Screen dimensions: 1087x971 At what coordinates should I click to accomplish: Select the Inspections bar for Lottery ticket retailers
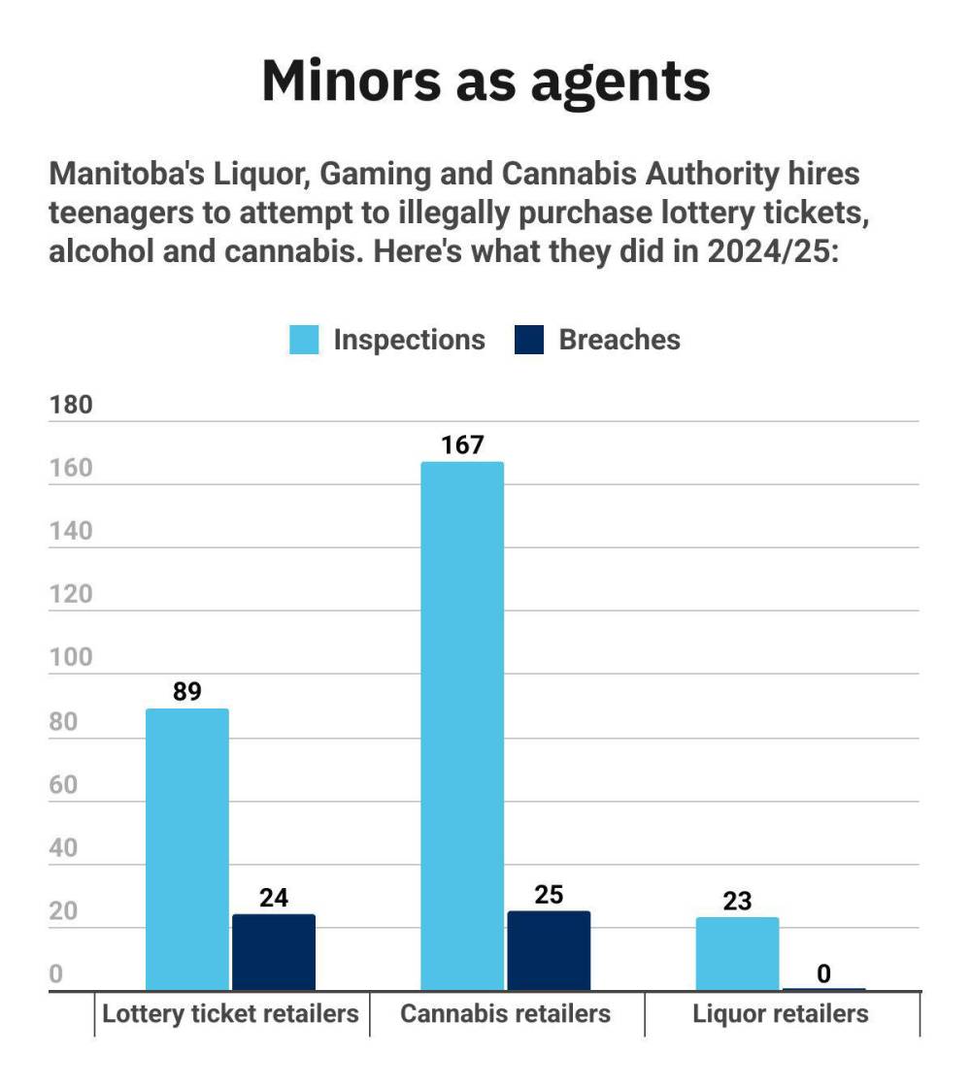(187, 849)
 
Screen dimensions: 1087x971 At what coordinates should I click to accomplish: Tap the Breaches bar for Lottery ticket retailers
(274, 952)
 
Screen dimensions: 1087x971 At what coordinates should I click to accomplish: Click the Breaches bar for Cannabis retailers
(549, 951)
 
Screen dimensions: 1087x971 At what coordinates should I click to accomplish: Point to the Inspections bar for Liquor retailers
(737, 954)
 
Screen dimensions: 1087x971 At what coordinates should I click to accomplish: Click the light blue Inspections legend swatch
(305, 340)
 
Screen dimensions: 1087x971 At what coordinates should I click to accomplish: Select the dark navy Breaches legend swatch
(530, 340)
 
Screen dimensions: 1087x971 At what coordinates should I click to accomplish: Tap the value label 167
(462, 445)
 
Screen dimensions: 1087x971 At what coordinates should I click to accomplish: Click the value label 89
(186, 692)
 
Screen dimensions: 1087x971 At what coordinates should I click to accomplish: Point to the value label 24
(274, 898)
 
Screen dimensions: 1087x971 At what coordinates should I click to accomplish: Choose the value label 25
(549, 895)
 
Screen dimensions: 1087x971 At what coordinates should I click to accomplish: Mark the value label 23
(737, 901)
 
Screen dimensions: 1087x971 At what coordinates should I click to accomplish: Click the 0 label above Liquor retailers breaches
(823, 973)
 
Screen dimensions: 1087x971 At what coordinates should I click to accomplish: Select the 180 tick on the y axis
(71, 405)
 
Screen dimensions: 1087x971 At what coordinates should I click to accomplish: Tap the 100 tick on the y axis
(71, 658)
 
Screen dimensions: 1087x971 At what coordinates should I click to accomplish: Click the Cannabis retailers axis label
(506, 1014)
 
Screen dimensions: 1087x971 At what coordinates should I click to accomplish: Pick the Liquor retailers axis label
(781, 1014)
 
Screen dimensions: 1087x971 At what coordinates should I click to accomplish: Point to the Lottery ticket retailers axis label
(231, 1014)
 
